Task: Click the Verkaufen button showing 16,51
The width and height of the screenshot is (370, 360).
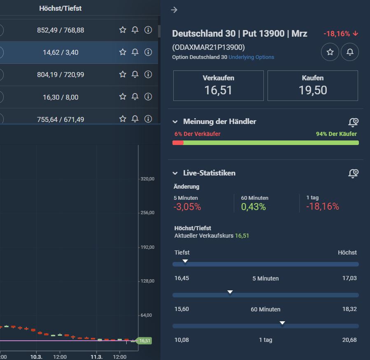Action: coord(218,86)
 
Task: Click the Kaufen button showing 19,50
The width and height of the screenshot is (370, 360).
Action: coord(312,86)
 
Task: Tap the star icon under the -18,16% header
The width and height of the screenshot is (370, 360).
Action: coord(330,52)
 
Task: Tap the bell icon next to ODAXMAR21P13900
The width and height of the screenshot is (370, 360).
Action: coord(350,52)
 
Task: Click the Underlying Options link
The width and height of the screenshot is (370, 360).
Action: coord(251,57)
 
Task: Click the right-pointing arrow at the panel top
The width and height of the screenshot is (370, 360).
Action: coord(174,10)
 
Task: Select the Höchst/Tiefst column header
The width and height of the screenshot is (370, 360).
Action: coord(60,8)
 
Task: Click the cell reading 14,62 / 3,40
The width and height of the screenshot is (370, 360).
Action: coord(61,52)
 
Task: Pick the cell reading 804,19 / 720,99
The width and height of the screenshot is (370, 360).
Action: coord(61,75)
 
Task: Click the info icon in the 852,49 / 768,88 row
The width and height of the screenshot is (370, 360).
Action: coord(148,30)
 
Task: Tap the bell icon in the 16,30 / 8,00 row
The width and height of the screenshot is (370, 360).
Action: coord(135,97)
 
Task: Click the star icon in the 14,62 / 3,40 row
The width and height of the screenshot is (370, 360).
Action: coord(123,52)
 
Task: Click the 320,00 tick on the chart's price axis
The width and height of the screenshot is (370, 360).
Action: coord(147,179)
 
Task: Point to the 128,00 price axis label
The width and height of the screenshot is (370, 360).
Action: coord(147,281)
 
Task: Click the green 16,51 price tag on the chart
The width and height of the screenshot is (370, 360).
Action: coord(144,341)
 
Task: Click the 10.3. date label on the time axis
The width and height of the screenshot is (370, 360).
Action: coord(37,356)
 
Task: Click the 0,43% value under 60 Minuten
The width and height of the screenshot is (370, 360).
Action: coord(254,207)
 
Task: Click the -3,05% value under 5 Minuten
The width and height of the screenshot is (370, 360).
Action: coord(187,207)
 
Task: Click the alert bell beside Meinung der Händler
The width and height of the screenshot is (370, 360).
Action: coord(353,122)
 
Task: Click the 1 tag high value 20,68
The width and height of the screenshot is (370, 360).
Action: coord(349,340)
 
